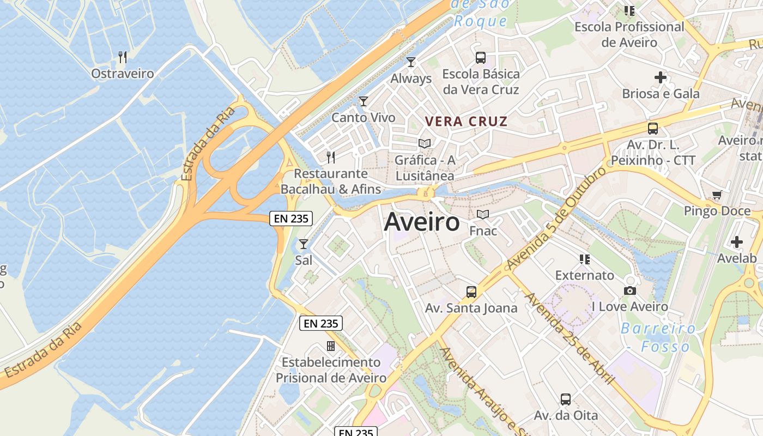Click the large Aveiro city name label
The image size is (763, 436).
[422, 222]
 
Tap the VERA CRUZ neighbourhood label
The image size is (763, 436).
[466, 122]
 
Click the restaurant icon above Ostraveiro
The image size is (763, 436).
[123, 57]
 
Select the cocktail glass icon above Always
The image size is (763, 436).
[411, 62]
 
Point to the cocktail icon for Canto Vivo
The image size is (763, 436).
[364, 101]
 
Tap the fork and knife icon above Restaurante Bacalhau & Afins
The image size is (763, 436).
[331, 158]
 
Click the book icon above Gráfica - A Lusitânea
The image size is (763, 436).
[425, 144]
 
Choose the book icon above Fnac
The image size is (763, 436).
[483, 215]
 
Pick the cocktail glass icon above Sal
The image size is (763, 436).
[304, 244]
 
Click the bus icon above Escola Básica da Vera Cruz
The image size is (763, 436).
[481, 58]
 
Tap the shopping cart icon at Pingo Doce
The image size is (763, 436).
[717, 195]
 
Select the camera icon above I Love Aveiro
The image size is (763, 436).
[630, 290]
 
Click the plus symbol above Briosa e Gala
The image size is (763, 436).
[661, 77]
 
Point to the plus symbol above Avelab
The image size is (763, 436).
[737, 242]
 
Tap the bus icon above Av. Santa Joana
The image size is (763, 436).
[471, 292]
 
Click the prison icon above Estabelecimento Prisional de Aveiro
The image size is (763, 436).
[331, 346]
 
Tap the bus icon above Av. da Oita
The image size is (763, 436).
[566, 399]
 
